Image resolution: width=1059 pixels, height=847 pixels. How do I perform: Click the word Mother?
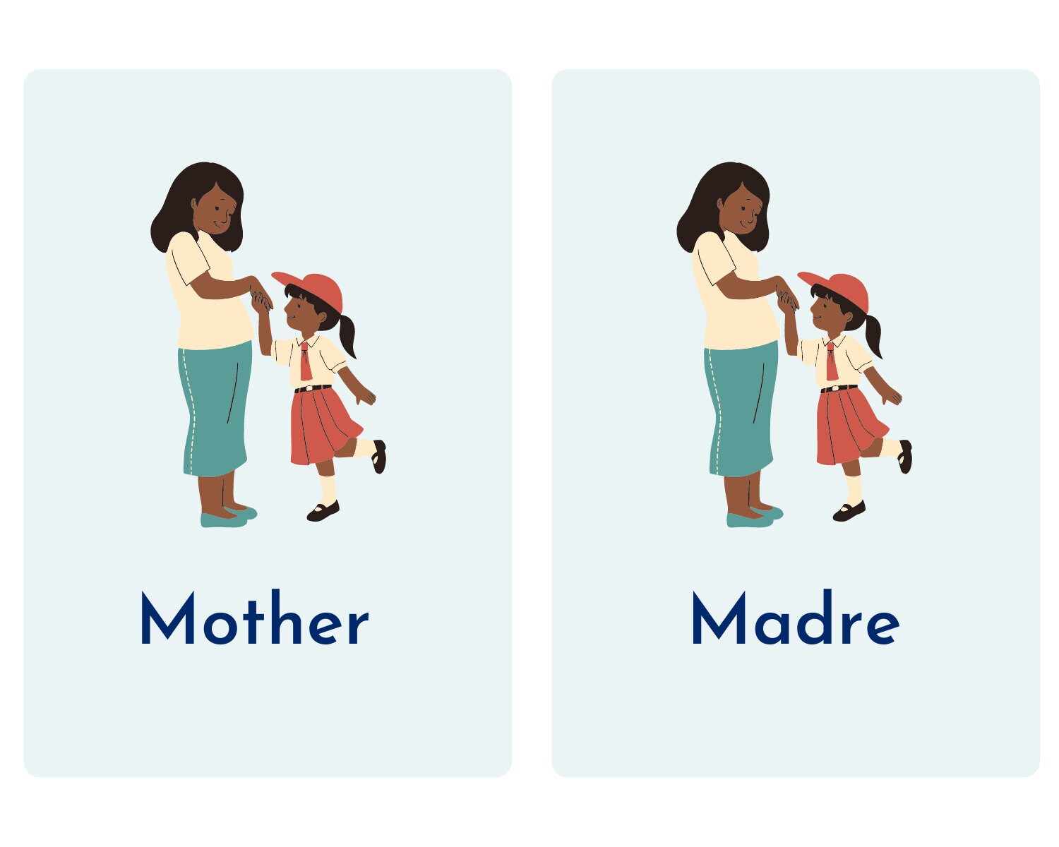pos(254,620)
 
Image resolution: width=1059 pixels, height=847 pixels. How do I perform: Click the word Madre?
pos(795,620)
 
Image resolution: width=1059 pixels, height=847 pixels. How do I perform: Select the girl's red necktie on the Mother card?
pos(305,361)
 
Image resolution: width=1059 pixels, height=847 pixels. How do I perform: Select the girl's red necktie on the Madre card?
pos(832,361)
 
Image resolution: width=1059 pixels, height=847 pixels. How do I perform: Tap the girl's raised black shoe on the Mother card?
pos(379,457)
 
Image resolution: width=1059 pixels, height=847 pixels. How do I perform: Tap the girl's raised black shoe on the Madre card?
pos(905,457)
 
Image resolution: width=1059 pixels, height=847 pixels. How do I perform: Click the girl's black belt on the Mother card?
pos(313,388)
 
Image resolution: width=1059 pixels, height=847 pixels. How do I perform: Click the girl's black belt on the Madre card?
pos(839,388)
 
